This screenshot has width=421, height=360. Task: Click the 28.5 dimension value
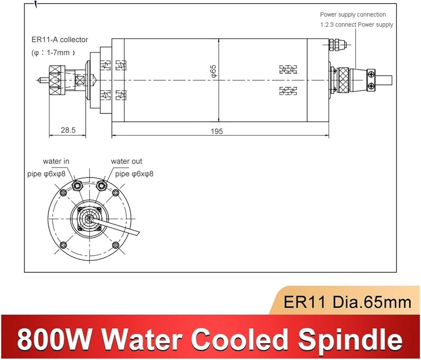tap(68, 130)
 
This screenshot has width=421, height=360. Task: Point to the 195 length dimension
tap(217, 131)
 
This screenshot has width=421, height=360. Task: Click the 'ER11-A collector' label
tap(60, 40)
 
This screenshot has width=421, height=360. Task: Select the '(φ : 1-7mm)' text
tap(53, 52)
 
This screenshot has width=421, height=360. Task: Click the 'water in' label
tap(56, 161)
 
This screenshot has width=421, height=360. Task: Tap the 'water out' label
tap(126, 161)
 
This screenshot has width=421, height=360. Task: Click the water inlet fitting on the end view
tap(77, 185)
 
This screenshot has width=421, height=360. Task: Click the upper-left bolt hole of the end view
tap(64, 192)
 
